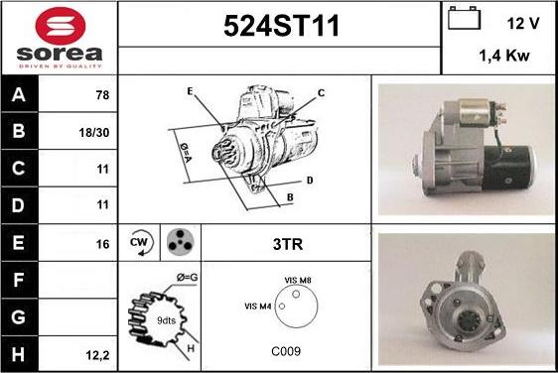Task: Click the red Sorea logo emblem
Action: pyautogui.click(x=61, y=26)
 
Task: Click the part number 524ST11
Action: pyautogui.click(x=281, y=26)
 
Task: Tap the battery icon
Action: pyautogui.click(x=464, y=18)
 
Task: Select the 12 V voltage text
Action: pyautogui.click(x=523, y=23)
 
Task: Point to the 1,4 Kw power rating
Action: pyautogui.click(x=504, y=56)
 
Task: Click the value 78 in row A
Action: pyautogui.click(x=102, y=95)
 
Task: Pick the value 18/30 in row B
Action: pyautogui.click(x=94, y=133)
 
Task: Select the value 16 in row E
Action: pyautogui.click(x=102, y=244)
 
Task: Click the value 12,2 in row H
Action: pyautogui.click(x=97, y=355)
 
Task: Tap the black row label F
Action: pyautogui.click(x=19, y=280)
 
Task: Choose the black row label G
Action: pyautogui.click(x=19, y=317)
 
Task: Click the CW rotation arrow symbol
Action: pyautogui.click(x=141, y=243)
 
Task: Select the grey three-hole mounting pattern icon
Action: pyautogui.click(x=180, y=242)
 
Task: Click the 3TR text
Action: pyautogui.click(x=288, y=244)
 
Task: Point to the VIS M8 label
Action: pyautogui.click(x=298, y=280)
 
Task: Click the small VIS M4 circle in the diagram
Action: pyautogui.click(x=282, y=306)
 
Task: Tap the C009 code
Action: pyautogui.click(x=286, y=351)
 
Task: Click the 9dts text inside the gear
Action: pyautogui.click(x=166, y=320)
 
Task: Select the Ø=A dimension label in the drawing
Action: pyautogui.click(x=186, y=153)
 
